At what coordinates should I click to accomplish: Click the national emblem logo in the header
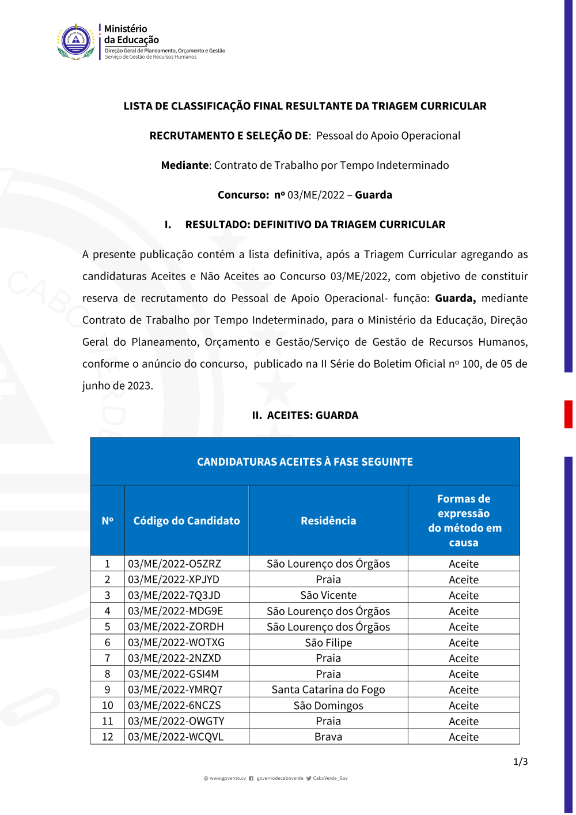(x=76, y=41)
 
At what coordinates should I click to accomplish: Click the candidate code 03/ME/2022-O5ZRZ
(x=175, y=564)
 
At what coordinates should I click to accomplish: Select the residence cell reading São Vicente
(x=328, y=595)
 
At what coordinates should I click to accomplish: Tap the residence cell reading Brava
(x=328, y=737)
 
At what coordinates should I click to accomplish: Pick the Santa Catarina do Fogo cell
(x=328, y=690)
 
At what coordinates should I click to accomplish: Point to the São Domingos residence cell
(x=328, y=705)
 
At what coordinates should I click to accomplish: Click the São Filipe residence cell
(x=328, y=643)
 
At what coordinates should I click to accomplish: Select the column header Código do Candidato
(x=187, y=521)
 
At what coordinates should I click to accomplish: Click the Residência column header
(x=328, y=521)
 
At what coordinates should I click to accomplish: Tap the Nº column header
(x=108, y=521)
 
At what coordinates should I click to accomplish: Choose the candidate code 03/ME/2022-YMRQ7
(x=175, y=690)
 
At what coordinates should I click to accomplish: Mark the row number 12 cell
(x=108, y=737)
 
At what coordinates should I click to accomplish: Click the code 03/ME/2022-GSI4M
(x=173, y=674)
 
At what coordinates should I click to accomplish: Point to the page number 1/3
(x=520, y=762)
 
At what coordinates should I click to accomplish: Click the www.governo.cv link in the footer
(x=228, y=779)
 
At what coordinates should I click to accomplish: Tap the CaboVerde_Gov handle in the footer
(x=330, y=779)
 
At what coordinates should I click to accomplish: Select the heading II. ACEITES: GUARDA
(x=305, y=416)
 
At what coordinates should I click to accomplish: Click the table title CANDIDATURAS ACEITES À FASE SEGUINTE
(x=305, y=462)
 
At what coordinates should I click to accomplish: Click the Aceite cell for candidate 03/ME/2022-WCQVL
(x=464, y=737)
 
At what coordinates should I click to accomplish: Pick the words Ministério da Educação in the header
(x=131, y=35)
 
